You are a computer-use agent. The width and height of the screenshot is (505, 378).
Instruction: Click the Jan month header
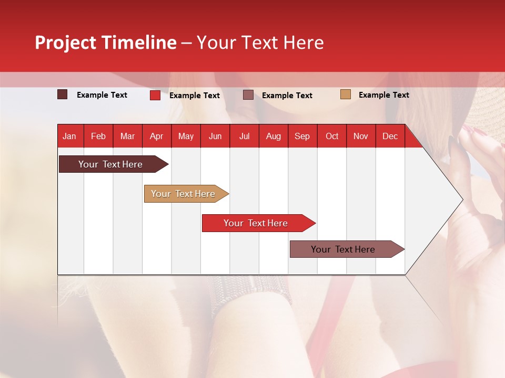[x=70, y=136]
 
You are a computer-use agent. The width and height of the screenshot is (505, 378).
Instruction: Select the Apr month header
[x=157, y=136]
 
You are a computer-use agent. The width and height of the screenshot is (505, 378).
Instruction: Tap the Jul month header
[x=244, y=136]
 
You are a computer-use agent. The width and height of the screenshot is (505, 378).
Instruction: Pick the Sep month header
[x=302, y=136]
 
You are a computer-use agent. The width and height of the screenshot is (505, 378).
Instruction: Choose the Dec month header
[x=390, y=136]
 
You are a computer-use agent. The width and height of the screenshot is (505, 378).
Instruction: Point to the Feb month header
[x=98, y=136]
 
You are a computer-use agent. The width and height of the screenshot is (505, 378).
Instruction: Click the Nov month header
[x=361, y=136]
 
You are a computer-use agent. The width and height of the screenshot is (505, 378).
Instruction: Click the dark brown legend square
[x=63, y=94]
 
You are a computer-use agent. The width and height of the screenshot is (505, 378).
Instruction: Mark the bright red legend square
[x=155, y=95]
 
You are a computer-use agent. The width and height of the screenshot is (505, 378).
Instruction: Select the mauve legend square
[x=248, y=95]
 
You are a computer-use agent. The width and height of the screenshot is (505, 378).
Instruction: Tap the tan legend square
[x=345, y=94]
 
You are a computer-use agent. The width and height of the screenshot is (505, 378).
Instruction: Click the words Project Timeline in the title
[x=106, y=43]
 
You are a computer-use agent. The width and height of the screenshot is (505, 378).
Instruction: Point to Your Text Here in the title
[x=260, y=43]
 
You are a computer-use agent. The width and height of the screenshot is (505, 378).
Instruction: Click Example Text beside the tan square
[x=383, y=95]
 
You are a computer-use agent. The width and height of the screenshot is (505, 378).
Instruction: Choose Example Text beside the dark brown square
[x=102, y=95]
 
